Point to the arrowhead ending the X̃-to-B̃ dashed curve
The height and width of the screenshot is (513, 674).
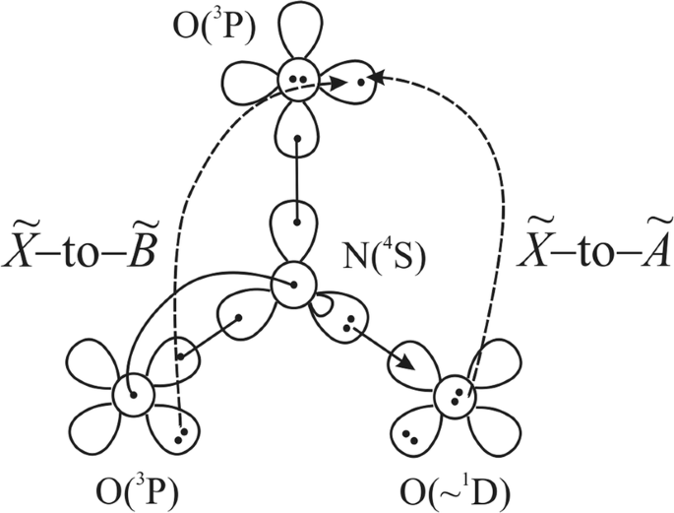tap(338, 85)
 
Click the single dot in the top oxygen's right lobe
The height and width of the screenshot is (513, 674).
tap(361, 83)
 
